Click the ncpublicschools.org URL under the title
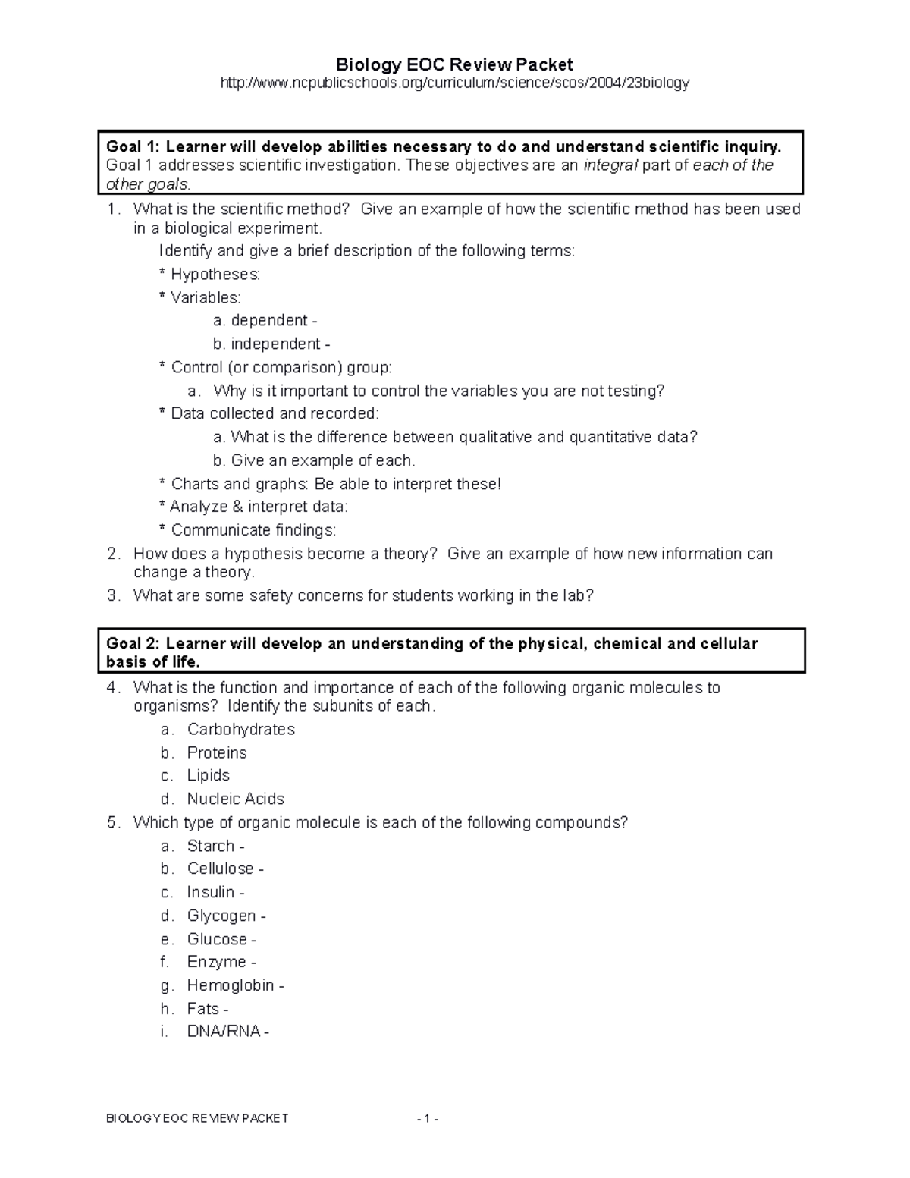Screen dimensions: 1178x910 [454, 83]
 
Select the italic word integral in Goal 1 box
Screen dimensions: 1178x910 [610, 165]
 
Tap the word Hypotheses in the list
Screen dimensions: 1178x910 [215, 275]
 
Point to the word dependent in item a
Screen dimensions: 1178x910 [269, 321]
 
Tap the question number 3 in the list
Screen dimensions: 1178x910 [112, 596]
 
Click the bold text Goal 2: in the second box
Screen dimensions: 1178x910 [133, 644]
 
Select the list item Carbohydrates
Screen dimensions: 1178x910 [241, 730]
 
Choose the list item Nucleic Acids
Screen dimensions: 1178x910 [236, 799]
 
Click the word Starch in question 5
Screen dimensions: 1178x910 [211, 847]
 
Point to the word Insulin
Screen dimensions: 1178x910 [211, 893]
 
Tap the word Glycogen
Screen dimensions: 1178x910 [221, 916]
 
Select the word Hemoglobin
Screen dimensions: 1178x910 [231, 986]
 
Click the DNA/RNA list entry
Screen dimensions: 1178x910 [224, 1032]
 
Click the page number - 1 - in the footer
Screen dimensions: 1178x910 [427, 1119]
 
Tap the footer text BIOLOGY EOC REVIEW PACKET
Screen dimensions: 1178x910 [197, 1119]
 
